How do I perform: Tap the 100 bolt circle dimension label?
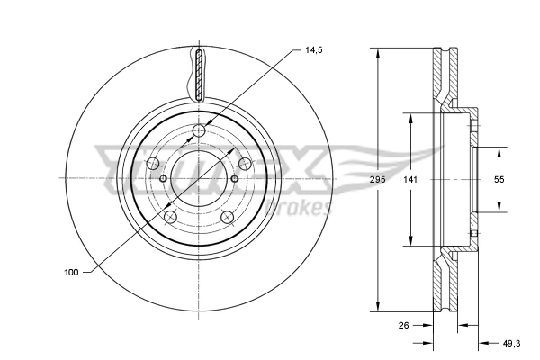pyautogui.click(x=71, y=271)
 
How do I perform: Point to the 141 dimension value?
pyautogui.click(x=410, y=180)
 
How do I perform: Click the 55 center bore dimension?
pyautogui.click(x=500, y=180)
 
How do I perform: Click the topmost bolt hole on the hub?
pyautogui.click(x=200, y=133)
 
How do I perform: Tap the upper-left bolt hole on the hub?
pyautogui.click(x=153, y=163)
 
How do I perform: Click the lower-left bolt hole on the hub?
pyautogui.click(x=170, y=217)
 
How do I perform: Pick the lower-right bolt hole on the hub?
pyautogui.click(x=228, y=217)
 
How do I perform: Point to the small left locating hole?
pyautogui.click(x=163, y=178)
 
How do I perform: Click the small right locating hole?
pyautogui.click(x=235, y=178)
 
